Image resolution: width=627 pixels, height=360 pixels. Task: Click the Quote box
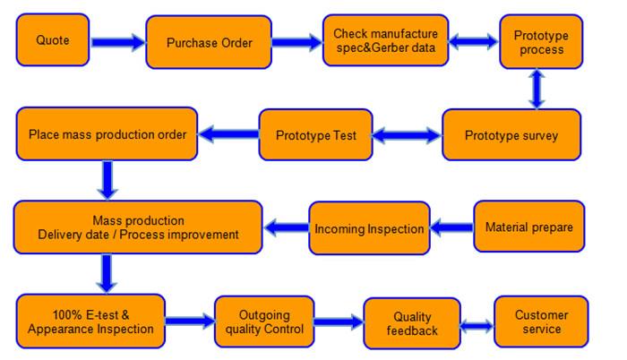[x=52, y=40]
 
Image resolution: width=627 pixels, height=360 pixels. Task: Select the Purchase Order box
[x=209, y=42]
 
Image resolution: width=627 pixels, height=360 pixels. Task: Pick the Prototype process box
[x=541, y=41]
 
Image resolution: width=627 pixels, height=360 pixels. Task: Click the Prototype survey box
[x=511, y=135]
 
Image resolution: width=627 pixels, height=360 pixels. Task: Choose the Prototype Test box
[x=315, y=135]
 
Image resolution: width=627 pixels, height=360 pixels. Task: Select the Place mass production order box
[x=107, y=133]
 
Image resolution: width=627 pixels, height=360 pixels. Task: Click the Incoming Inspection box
[x=369, y=228]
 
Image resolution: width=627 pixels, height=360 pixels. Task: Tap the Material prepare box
[x=529, y=227]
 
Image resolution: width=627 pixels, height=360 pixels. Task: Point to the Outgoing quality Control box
[x=264, y=321]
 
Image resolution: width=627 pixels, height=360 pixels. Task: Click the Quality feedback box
[x=412, y=323]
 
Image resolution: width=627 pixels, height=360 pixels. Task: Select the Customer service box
[x=541, y=321]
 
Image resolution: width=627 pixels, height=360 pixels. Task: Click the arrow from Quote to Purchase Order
[x=118, y=42]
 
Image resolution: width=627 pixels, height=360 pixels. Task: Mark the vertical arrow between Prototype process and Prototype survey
[x=537, y=89]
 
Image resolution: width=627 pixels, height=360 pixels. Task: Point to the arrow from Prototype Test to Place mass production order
[x=228, y=134]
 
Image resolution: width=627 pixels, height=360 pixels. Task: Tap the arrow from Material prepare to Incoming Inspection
[x=451, y=227]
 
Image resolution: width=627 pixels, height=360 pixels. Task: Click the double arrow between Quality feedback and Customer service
[x=477, y=326]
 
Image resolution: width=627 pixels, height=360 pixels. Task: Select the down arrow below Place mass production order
[x=107, y=180]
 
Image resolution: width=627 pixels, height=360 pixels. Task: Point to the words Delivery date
[x=73, y=235]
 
